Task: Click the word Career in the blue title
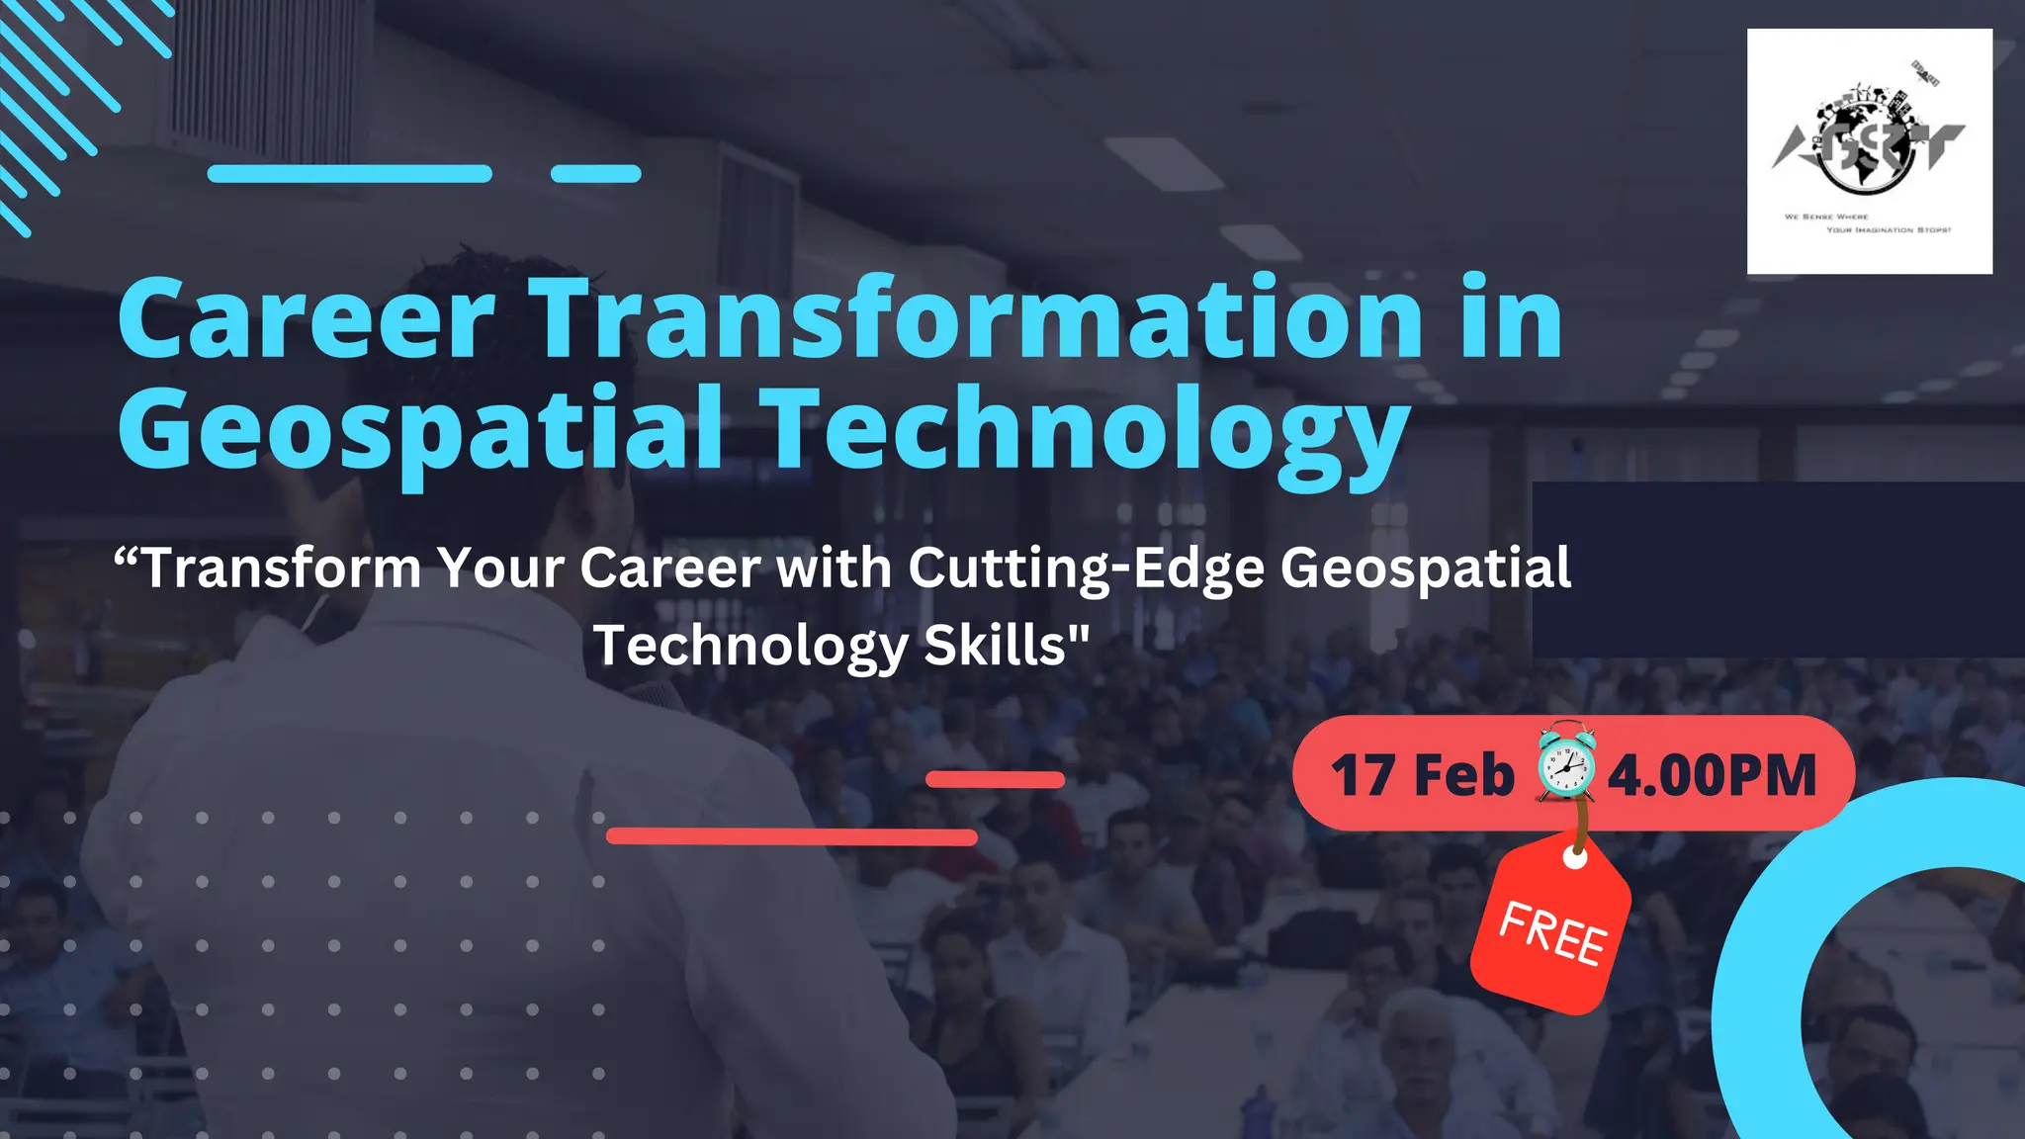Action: pos(307,318)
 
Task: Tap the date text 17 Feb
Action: pos(1422,775)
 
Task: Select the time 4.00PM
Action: pos(1712,775)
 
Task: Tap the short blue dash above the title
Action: pos(595,174)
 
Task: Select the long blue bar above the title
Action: pos(349,174)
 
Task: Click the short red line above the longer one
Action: pos(995,780)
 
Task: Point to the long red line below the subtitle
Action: pos(791,837)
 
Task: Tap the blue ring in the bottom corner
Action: pos(1770,989)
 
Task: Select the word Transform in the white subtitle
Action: pos(282,569)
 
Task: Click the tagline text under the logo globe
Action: pos(1869,222)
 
